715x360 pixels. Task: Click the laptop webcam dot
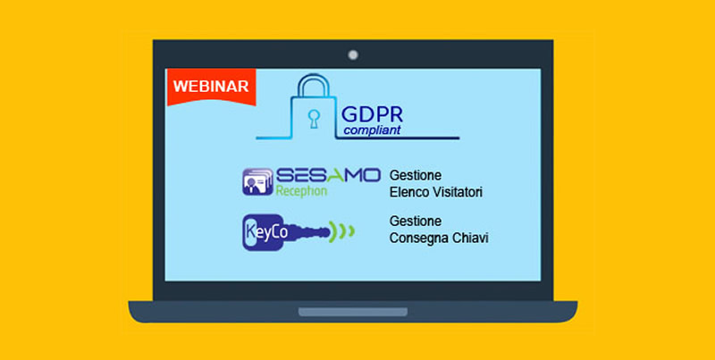pyautogui.click(x=353, y=55)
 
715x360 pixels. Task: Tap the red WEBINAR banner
pyautogui.click(x=211, y=87)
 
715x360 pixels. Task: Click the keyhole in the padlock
pyautogui.click(x=314, y=119)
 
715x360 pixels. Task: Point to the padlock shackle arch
pyautogui.click(x=314, y=85)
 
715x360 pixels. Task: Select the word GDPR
pyautogui.click(x=372, y=115)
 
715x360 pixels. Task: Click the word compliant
pyautogui.click(x=372, y=130)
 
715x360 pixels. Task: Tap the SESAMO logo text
pyautogui.click(x=328, y=175)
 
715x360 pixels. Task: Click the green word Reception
pyautogui.click(x=301, y=190)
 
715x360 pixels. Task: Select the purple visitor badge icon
pyautogui.click(x=257, y=182)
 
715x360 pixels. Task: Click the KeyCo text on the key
pyautogui.click(x=267, y=232)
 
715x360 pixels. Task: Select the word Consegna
pyautogui.click(x=416, y=239)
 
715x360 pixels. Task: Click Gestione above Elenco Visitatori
pyautogui.click(x=416, y=176)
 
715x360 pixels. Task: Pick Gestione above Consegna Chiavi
pyautogui.click(x=416, y=222)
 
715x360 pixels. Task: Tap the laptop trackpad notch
pyautogui.click(x=353, y=312)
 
